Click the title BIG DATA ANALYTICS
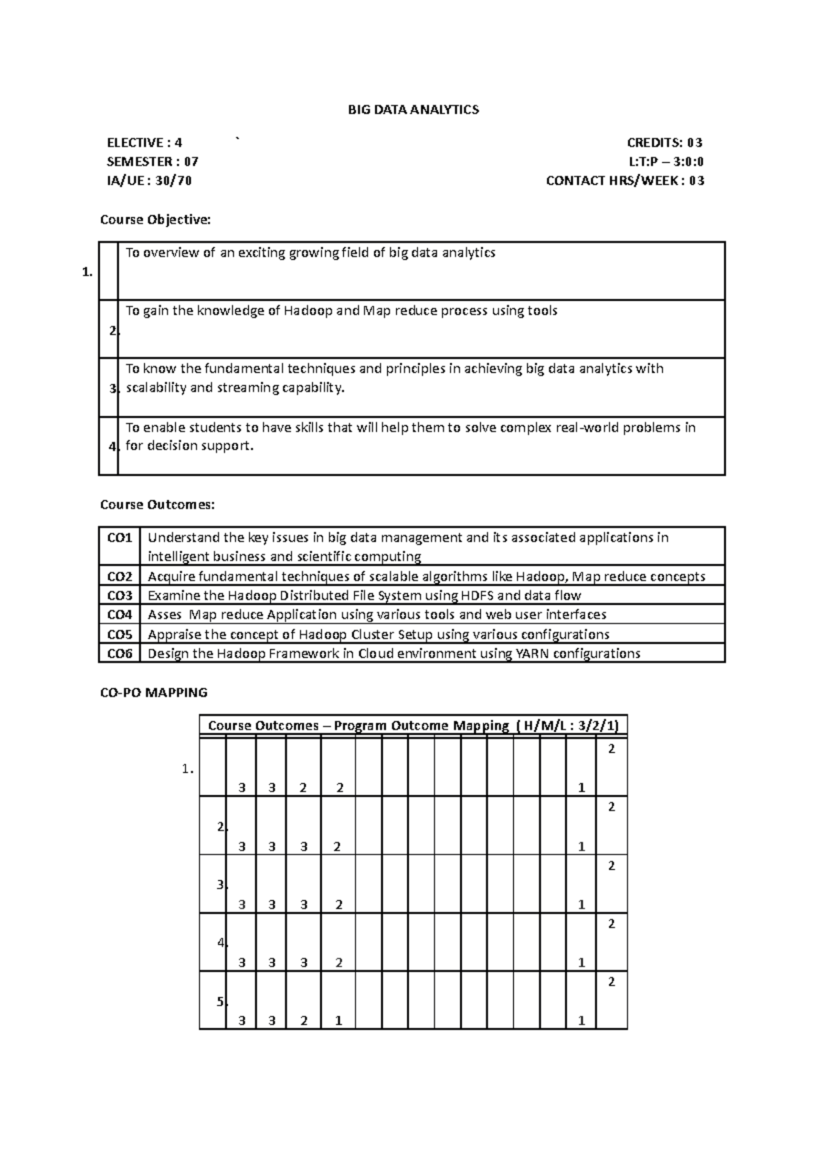[x=412, y=109]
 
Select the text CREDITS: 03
[x=664, y=143]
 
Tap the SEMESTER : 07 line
[x=152, y=162]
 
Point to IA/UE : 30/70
[x=149, y=181]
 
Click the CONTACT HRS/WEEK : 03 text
[x=624, y=181]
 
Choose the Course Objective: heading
[x=156, y=220]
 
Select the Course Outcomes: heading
[x=158, y=505]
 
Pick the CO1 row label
[x=119, y=537]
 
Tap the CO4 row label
[x=119, y=614]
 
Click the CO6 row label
[x=119, y=653]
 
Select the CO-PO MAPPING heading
[x=153, y=693]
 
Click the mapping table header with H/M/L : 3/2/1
[x=413, y=726]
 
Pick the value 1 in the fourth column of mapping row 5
[x=339, y=1021]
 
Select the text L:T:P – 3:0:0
[x=666, y=162]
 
